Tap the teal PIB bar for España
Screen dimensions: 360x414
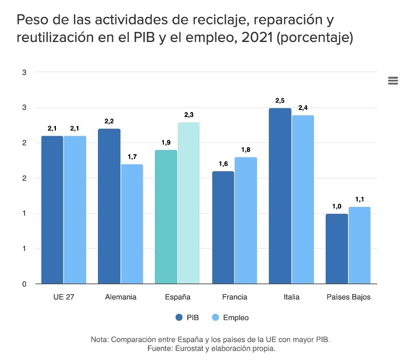click(x=166, y=217)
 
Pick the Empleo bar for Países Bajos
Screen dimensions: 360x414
click(x=359, y=245)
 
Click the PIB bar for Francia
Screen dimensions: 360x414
click(x=223, y=228)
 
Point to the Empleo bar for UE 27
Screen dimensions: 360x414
click(x=75, y=210)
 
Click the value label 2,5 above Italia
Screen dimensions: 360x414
click(x=280, y=100)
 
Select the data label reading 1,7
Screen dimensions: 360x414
click(x=132, y=156)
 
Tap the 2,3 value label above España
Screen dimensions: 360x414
click(x=189, y=114)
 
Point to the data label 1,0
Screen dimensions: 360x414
click(x=337, y=206)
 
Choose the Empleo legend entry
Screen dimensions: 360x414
click(x=230, y=317)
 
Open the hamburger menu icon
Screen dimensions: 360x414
click(x=393, y=80)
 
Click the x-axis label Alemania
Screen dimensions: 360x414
click(x=121, y=297)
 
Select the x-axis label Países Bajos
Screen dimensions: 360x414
click(x=348, y=297)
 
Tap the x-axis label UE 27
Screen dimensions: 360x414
click(x=64, y=297)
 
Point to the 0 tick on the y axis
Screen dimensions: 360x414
click(x=24, y=284)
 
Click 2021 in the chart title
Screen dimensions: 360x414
click(x=252, y=38)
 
